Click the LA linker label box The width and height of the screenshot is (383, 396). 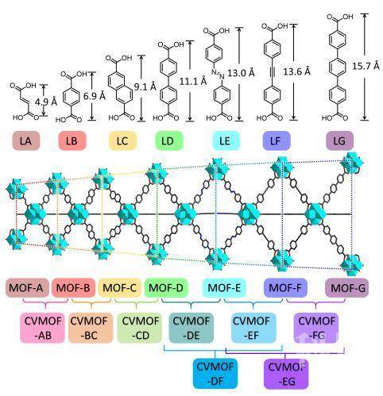[x=26, y=140]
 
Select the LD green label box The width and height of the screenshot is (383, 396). [x=169, y=140]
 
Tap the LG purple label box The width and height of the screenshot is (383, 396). [x=339, y=140]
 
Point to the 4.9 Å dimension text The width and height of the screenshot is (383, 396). [x=46, y=102]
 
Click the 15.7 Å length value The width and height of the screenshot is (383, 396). [x=366, y=66]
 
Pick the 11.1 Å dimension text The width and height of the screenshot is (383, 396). [x=193, y=82]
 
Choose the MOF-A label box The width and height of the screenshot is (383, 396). [x=27, y=287]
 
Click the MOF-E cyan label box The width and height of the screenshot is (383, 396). [x=224, y=287]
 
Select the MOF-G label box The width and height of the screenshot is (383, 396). [x=346, y=287]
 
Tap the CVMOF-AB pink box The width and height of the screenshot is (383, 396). [x=42, y=328]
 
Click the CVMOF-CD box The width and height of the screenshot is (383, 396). [x=139, y=328]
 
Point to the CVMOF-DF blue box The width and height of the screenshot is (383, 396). [x=215, y=374]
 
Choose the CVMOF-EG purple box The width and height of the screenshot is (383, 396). [x=286, y=374]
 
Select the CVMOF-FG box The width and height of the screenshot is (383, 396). [x=316, y=328]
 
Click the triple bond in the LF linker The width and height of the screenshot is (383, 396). [x=272, y=72]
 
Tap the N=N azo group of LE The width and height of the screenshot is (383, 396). [x=218, y=74]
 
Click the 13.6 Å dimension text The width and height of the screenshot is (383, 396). [x=296, y=71]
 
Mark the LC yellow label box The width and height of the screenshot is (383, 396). [x=122, y=140]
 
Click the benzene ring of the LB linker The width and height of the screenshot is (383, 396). [x=72, y=95]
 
